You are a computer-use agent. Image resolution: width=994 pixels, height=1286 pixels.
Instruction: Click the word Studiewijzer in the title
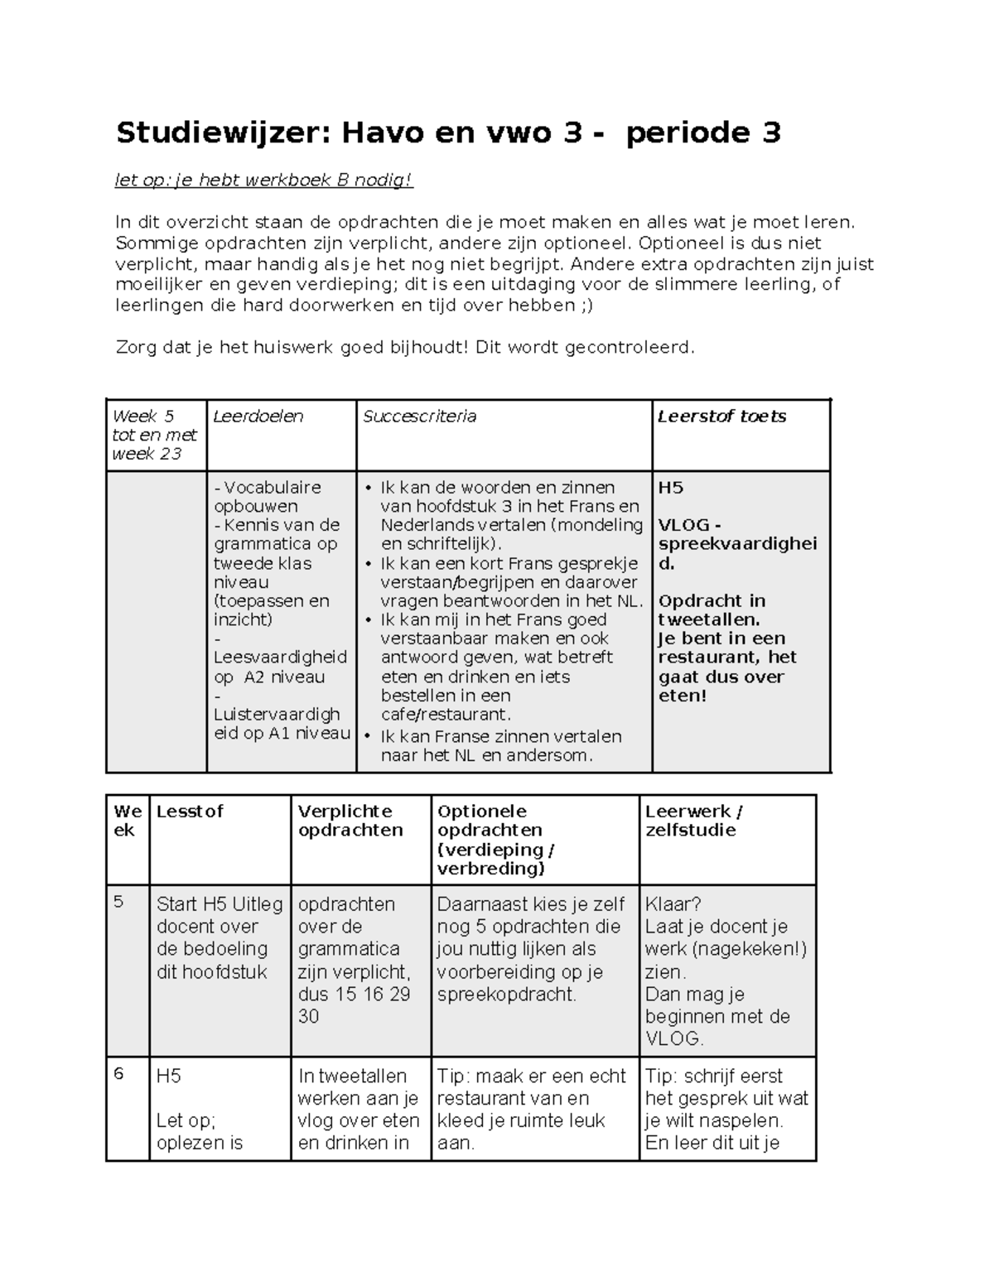pyautogui.click(x=223, y=133)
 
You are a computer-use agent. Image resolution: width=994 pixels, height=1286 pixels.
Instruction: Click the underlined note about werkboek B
pyautogui.click(x=263, y=181)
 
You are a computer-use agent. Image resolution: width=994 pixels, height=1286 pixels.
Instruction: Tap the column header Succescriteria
pyautogui.click(x=419, y=417)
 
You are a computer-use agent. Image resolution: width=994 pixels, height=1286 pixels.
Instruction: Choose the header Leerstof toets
pyautogui.click(x=721, y=417)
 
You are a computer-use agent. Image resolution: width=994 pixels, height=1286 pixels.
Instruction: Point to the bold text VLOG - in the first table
pyautogui.click(x=689, y=525)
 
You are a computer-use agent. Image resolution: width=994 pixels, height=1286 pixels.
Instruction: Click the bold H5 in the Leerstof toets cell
pyautogui.click(x=670, y=488)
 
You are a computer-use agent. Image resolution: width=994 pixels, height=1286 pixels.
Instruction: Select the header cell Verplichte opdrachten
pyautogui.click(x=350, y=821)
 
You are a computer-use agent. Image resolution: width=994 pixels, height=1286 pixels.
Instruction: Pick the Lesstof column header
pyautogui.click(x=190, y=812)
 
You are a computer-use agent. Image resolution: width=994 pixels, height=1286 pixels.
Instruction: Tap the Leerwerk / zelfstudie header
pyautogui.click(x=693, y=821)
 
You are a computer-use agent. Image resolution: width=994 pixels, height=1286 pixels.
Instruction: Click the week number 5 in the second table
pyautogui.click(x=118, y=901)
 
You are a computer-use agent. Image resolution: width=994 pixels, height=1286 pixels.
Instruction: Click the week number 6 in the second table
pyautogui.click(x=118, y=1073)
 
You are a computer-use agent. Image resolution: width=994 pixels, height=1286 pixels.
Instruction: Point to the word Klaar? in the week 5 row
pyautogui.click(x=673, y=904)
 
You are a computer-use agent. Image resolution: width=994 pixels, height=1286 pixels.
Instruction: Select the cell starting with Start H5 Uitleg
pyautogui.click(x=220, y=937)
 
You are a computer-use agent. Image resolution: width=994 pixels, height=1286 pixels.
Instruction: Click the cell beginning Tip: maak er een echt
pyautogui.click(x=531, y=1109)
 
